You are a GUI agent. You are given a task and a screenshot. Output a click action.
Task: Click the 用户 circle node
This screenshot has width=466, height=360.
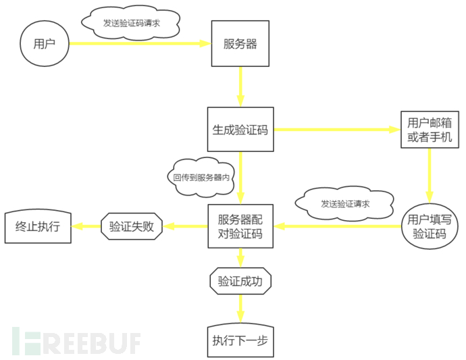coord(44,44)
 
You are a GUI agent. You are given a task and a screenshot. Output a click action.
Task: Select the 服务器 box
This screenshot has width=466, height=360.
coord(240,44)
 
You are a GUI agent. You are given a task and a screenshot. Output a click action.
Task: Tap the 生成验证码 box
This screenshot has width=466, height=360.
coord(240,130)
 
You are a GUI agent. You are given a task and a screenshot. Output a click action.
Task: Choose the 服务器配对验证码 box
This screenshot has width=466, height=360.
coord(240,227)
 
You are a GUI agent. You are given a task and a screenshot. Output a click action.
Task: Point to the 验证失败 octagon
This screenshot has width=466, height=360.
coord(132,227)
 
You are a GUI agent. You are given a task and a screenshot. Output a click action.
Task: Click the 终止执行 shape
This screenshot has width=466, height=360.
coord(38,227)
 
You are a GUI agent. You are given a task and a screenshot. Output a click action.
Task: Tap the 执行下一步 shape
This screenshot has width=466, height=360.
coord(240,340)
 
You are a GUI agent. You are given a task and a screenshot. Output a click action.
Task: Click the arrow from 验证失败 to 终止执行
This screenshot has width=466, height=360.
coord(86,227)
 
